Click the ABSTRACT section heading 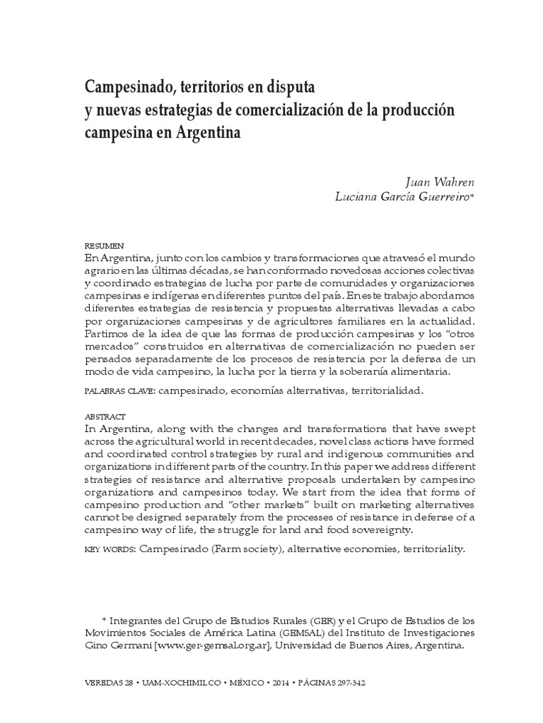104,416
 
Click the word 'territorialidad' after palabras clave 381,389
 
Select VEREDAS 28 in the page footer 108,684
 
